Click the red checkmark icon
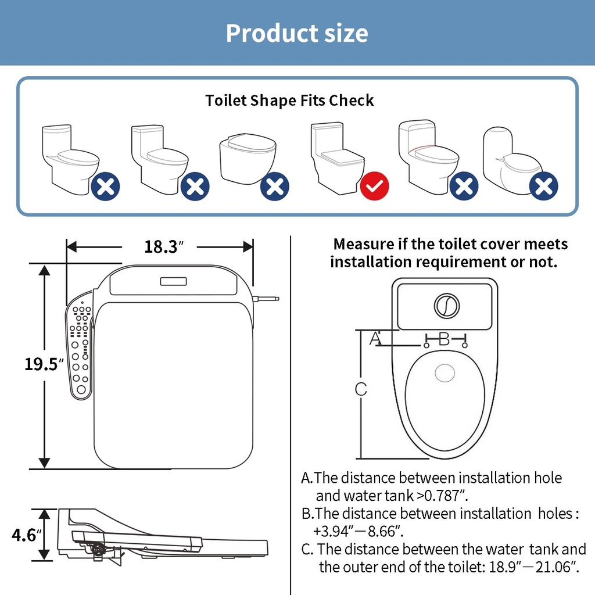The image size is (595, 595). point(374,186)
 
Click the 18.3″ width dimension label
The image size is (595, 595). point(161,246)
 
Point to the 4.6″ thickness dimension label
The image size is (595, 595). point(27,535)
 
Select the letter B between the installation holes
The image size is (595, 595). point(445,339)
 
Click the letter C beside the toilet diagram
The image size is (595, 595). point(361,389)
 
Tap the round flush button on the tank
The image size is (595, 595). point(446,306)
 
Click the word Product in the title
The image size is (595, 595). point(263,33)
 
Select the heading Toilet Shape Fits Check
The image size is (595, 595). point(289,101)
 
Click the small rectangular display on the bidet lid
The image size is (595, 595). point(173,281)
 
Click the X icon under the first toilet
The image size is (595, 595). point(106,187)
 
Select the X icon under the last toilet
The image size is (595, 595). point(544,187)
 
